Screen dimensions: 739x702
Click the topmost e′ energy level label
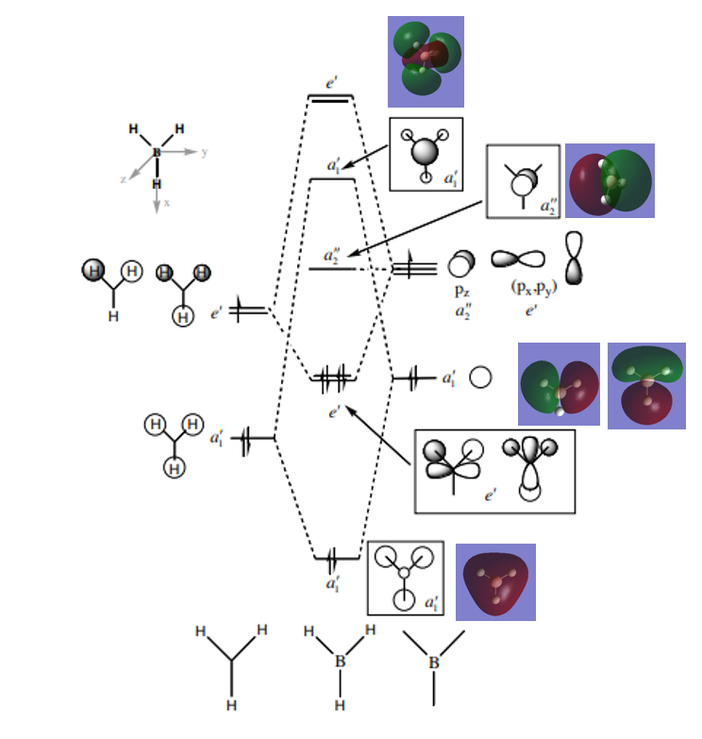(x=332, y=84)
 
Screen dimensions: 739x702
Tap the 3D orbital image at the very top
(x=426, y=60)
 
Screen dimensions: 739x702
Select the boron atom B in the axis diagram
(x=157, y=152)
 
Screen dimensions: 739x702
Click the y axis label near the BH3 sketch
(x=204, y=151)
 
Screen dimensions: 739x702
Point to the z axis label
(x=123, y=177)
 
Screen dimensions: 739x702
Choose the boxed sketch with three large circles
(x=405, y=578)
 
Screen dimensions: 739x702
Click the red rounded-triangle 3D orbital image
(x=495, y=581)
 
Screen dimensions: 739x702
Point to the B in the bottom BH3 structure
(x=341, y=662)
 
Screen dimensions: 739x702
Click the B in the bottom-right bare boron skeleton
(x=434, y=663)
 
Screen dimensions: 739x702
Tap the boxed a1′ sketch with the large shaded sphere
(x=426, y=153)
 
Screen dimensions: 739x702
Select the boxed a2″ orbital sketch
(x=523, y=181)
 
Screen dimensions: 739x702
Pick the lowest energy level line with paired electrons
(x=336, y=559)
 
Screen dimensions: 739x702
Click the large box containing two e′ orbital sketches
(x=494, y=471)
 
